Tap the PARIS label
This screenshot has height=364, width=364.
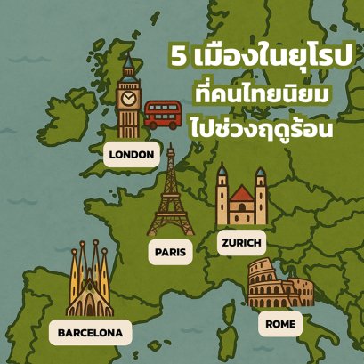pos(170,252)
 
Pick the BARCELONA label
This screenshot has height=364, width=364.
pos(89,333)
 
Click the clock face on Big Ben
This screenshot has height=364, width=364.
pos(130,97)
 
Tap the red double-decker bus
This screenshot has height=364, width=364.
pos(162,114)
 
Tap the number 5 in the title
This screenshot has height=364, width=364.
pos(181,58)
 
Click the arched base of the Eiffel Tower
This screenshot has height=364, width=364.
pos(170,231)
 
